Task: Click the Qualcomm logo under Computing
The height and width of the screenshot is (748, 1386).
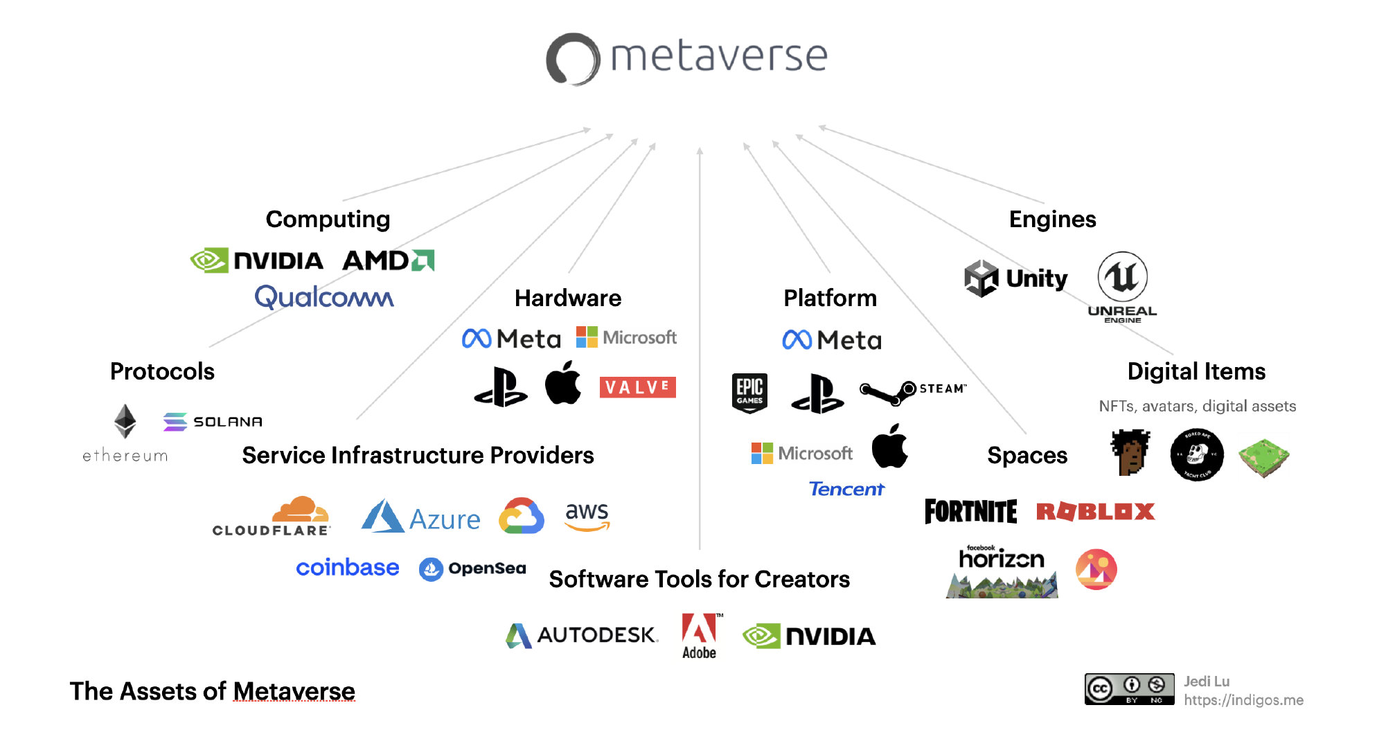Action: [323, 297]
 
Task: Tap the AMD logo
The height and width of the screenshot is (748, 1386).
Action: [388, 260]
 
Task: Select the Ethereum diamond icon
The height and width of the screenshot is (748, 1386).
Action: [125, 420]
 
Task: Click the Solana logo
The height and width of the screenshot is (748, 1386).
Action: [213, 421]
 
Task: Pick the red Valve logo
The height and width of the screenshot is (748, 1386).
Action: [637, 387]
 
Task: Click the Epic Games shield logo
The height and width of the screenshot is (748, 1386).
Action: [749, 393]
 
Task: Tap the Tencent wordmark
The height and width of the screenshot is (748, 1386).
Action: [846, 489]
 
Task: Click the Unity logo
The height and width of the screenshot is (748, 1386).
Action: [1016, 278]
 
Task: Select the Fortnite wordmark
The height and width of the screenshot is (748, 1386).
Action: [970, 512]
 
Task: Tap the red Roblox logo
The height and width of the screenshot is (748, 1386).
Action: [1095, 512]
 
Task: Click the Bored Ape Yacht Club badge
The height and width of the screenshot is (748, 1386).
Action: [1196, 454]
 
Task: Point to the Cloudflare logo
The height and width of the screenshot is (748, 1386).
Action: [272, 516]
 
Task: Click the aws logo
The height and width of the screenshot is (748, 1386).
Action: [587, 517]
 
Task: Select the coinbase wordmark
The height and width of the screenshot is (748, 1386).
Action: [347, 568]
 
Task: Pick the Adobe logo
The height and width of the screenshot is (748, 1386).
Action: [699, 635]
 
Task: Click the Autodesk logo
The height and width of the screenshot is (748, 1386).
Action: [581, 635]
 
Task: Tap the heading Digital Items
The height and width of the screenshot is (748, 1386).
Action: [1196, 372]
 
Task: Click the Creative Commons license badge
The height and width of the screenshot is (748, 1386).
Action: [1129, 689]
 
